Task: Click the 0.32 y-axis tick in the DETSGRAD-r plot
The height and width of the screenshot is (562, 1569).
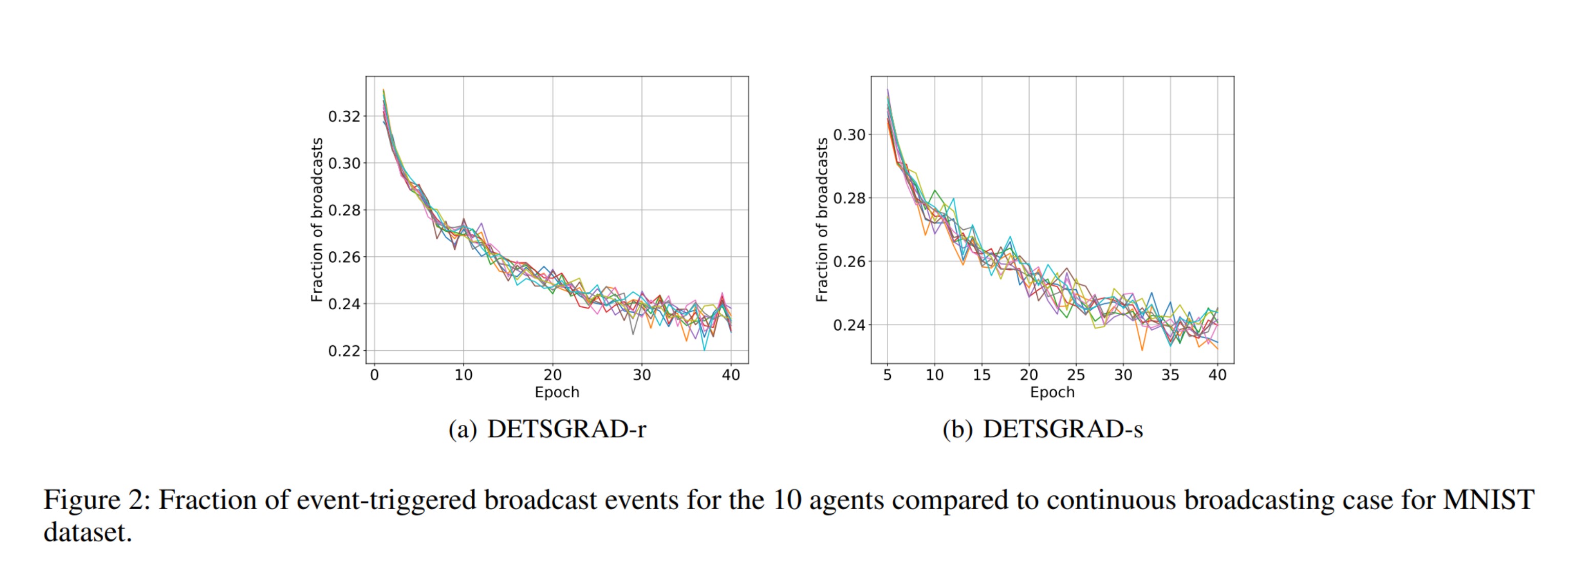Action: click(x=344, y=116)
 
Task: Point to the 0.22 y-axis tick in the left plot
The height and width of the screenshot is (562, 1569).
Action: click(x=344, y=351)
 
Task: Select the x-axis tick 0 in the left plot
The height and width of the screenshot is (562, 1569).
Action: click(x=374, y=375)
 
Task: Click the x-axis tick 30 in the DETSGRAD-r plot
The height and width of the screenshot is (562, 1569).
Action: click(x=641, y=375)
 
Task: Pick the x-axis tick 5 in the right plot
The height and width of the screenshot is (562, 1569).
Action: click(x=887, y=375)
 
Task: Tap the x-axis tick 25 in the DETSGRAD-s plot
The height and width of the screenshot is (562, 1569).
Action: click(x=1076, y=375)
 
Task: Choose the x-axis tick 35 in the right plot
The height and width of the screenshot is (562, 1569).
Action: click(x=1170, y=375)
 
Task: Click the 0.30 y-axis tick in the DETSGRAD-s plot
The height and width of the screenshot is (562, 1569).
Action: click(x=849, y=135)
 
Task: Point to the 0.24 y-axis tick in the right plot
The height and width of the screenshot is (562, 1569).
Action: click(x=849, y=326)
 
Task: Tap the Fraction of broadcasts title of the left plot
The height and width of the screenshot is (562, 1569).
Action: click(x=317, y=219)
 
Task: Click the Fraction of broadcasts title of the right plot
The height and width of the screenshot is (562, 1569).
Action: click(x=822, y=219)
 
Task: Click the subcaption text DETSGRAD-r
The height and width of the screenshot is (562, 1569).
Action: click(x=566, y=429)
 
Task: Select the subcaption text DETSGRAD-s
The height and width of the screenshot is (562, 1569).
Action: click(x=1062, y=429)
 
